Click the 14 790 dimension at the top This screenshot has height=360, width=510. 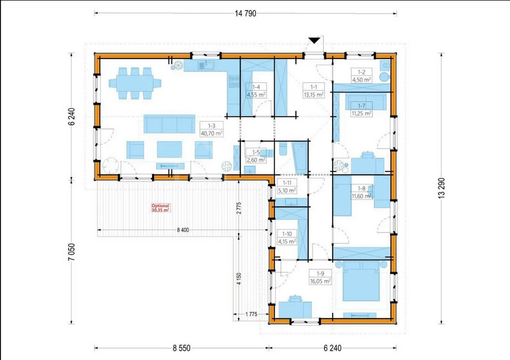(245, 13)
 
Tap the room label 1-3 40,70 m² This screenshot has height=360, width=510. (212, 130)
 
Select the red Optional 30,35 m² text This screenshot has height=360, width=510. (160, 208)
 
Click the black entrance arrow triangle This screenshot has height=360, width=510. (314, 40)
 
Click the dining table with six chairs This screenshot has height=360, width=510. (135, 83)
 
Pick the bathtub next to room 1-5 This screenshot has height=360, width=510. (300, 158)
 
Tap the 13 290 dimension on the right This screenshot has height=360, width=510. (441, 188)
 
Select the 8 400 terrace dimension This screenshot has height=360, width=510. (183, 230)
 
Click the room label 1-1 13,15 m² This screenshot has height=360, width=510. (313, 91)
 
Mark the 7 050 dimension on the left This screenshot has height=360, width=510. (72, 252)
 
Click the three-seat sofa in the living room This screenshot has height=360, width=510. (169, 124)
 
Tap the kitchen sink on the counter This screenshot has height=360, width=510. (206, 66)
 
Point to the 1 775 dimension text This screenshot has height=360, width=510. (251, 314)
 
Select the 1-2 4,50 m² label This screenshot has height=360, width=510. (362, 76)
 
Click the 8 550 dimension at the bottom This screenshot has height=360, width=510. (182, 348)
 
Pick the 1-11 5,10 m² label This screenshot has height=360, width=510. (287, 187)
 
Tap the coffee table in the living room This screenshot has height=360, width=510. (169, 149)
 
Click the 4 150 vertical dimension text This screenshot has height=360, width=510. (239, 279)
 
